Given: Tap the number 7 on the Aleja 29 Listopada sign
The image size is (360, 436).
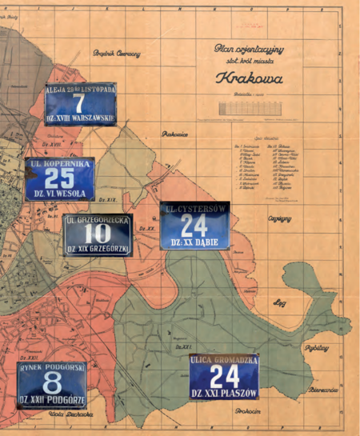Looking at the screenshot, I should [x=78, y=104].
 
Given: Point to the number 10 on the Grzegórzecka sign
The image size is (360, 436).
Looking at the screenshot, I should [x=98, y=233].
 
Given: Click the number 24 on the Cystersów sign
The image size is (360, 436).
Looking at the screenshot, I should [x=194, y=225].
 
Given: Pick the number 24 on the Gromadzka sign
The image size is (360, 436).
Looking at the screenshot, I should [x=224, y=376].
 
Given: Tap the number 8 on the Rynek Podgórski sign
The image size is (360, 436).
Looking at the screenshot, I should [x=52, y=381].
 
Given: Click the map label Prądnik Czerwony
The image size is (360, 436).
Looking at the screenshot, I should [x=116, y=54].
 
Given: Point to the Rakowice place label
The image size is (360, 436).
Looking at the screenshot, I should [x=174, y=134].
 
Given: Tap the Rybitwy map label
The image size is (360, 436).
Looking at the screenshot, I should [x=317, y=348].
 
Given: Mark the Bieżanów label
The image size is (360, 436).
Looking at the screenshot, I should [x=324, y=390].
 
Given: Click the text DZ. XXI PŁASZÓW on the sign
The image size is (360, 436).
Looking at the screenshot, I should [x=224, y=394].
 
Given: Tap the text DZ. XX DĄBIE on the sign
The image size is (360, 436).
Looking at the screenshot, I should [x=194, y=241].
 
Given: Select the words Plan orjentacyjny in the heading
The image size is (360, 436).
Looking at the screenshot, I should [x=249, y=50].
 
